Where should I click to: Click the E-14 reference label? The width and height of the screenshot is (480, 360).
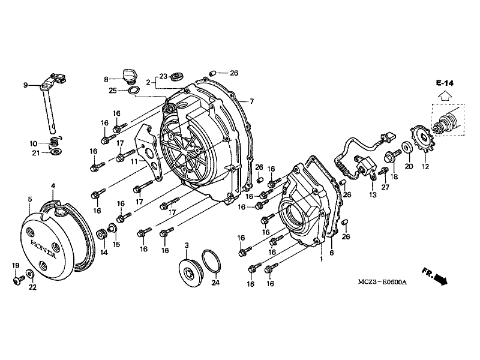coord(445,83)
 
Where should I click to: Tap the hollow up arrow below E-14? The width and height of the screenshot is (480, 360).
coord(445,96)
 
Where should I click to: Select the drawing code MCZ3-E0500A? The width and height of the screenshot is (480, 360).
coord(382,282)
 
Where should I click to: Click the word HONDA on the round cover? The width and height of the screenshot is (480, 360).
coord(44,248)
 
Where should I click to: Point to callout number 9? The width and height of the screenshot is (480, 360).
coord(25,85)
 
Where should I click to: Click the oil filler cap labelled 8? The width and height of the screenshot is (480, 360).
coord(130,77)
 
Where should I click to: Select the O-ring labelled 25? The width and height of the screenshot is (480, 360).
coord(133,91)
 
